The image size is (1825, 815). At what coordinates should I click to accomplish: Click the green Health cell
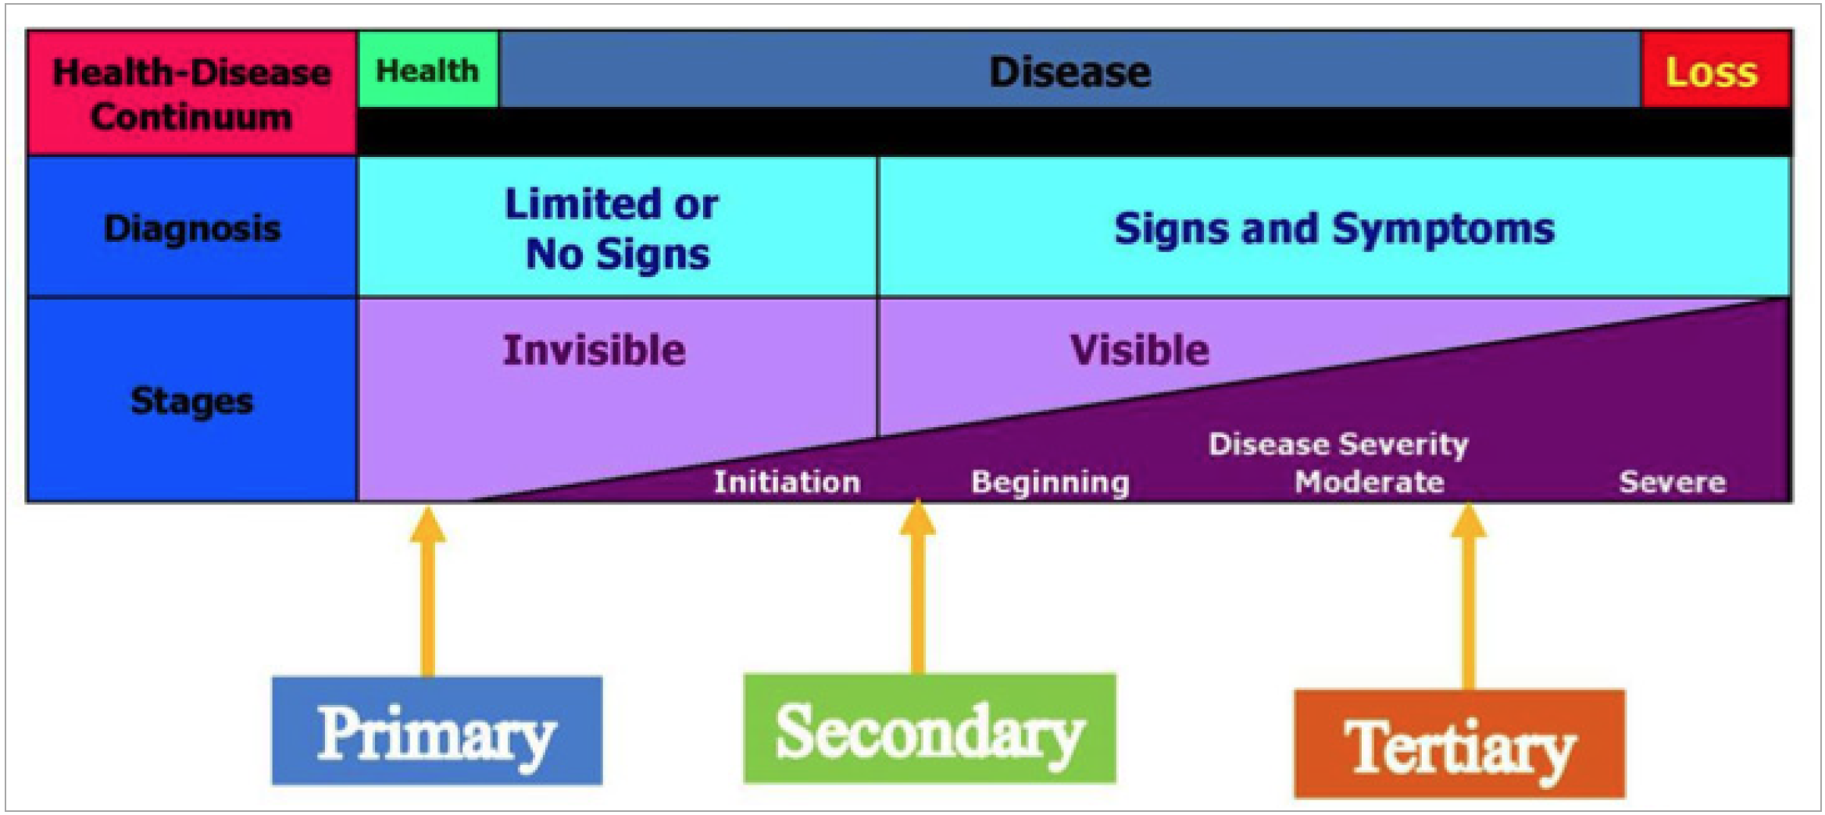click(428, 70)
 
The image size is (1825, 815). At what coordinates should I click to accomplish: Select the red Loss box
click(1716, 70)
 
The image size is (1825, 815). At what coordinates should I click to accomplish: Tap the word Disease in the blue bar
click(1070, 72)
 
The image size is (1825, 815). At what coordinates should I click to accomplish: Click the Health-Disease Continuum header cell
click(192, 94)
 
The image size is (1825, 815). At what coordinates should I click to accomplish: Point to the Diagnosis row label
click(192, 228)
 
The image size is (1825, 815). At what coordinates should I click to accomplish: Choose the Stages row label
click(192, 400)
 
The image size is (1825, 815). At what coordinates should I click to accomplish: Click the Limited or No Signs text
click(612, 229)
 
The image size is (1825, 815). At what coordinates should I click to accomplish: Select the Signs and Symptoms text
click(1334, 229)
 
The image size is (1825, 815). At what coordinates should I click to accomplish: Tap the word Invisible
click(595, 350)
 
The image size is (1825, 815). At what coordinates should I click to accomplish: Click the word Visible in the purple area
click(1140, 350)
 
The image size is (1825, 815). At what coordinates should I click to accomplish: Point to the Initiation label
click(787, 482)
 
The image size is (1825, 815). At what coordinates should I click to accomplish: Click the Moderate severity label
click(1370, 482)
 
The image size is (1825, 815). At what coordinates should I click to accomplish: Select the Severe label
click(1673, 482)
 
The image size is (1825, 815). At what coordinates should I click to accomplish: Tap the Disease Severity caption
click(1338, 444)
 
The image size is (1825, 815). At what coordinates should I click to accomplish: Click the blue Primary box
click(437, 731)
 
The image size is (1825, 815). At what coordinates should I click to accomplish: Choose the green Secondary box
click(930, 728)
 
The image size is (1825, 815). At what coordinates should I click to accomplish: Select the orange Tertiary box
click(1459, 744)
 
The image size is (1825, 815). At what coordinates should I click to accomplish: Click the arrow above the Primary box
click(428, 592)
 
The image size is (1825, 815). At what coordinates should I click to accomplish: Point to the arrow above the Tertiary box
click(1469, 596)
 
